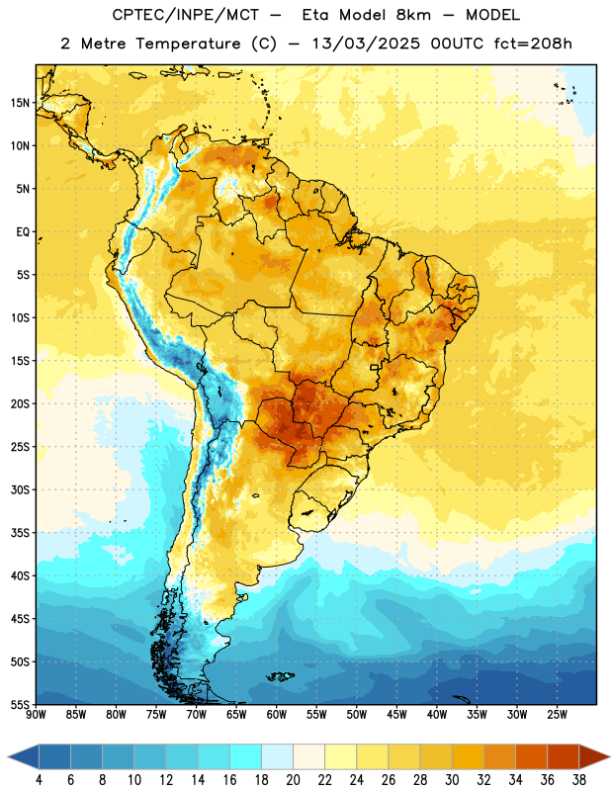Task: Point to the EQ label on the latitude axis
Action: point(23,232)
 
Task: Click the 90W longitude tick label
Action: point(36,715)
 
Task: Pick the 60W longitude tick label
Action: point(277,715)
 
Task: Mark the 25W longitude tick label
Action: point(557,715)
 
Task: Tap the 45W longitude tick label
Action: point(396,715)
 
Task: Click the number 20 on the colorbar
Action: point(293,780)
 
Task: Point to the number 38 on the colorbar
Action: point(579,780)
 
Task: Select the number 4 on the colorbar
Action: point(39,780)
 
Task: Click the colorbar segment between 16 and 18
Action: point(245,756)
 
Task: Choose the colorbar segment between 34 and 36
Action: point(531,756)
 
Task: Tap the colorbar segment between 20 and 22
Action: point(308,756)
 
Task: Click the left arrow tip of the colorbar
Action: point(9,756)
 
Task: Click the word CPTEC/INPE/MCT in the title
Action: point(186,15)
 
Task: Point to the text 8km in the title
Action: point(413,15)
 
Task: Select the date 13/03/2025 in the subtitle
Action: point(365,44)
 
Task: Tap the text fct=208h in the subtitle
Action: point(533,44)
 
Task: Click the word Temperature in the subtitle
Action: point(189,44)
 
